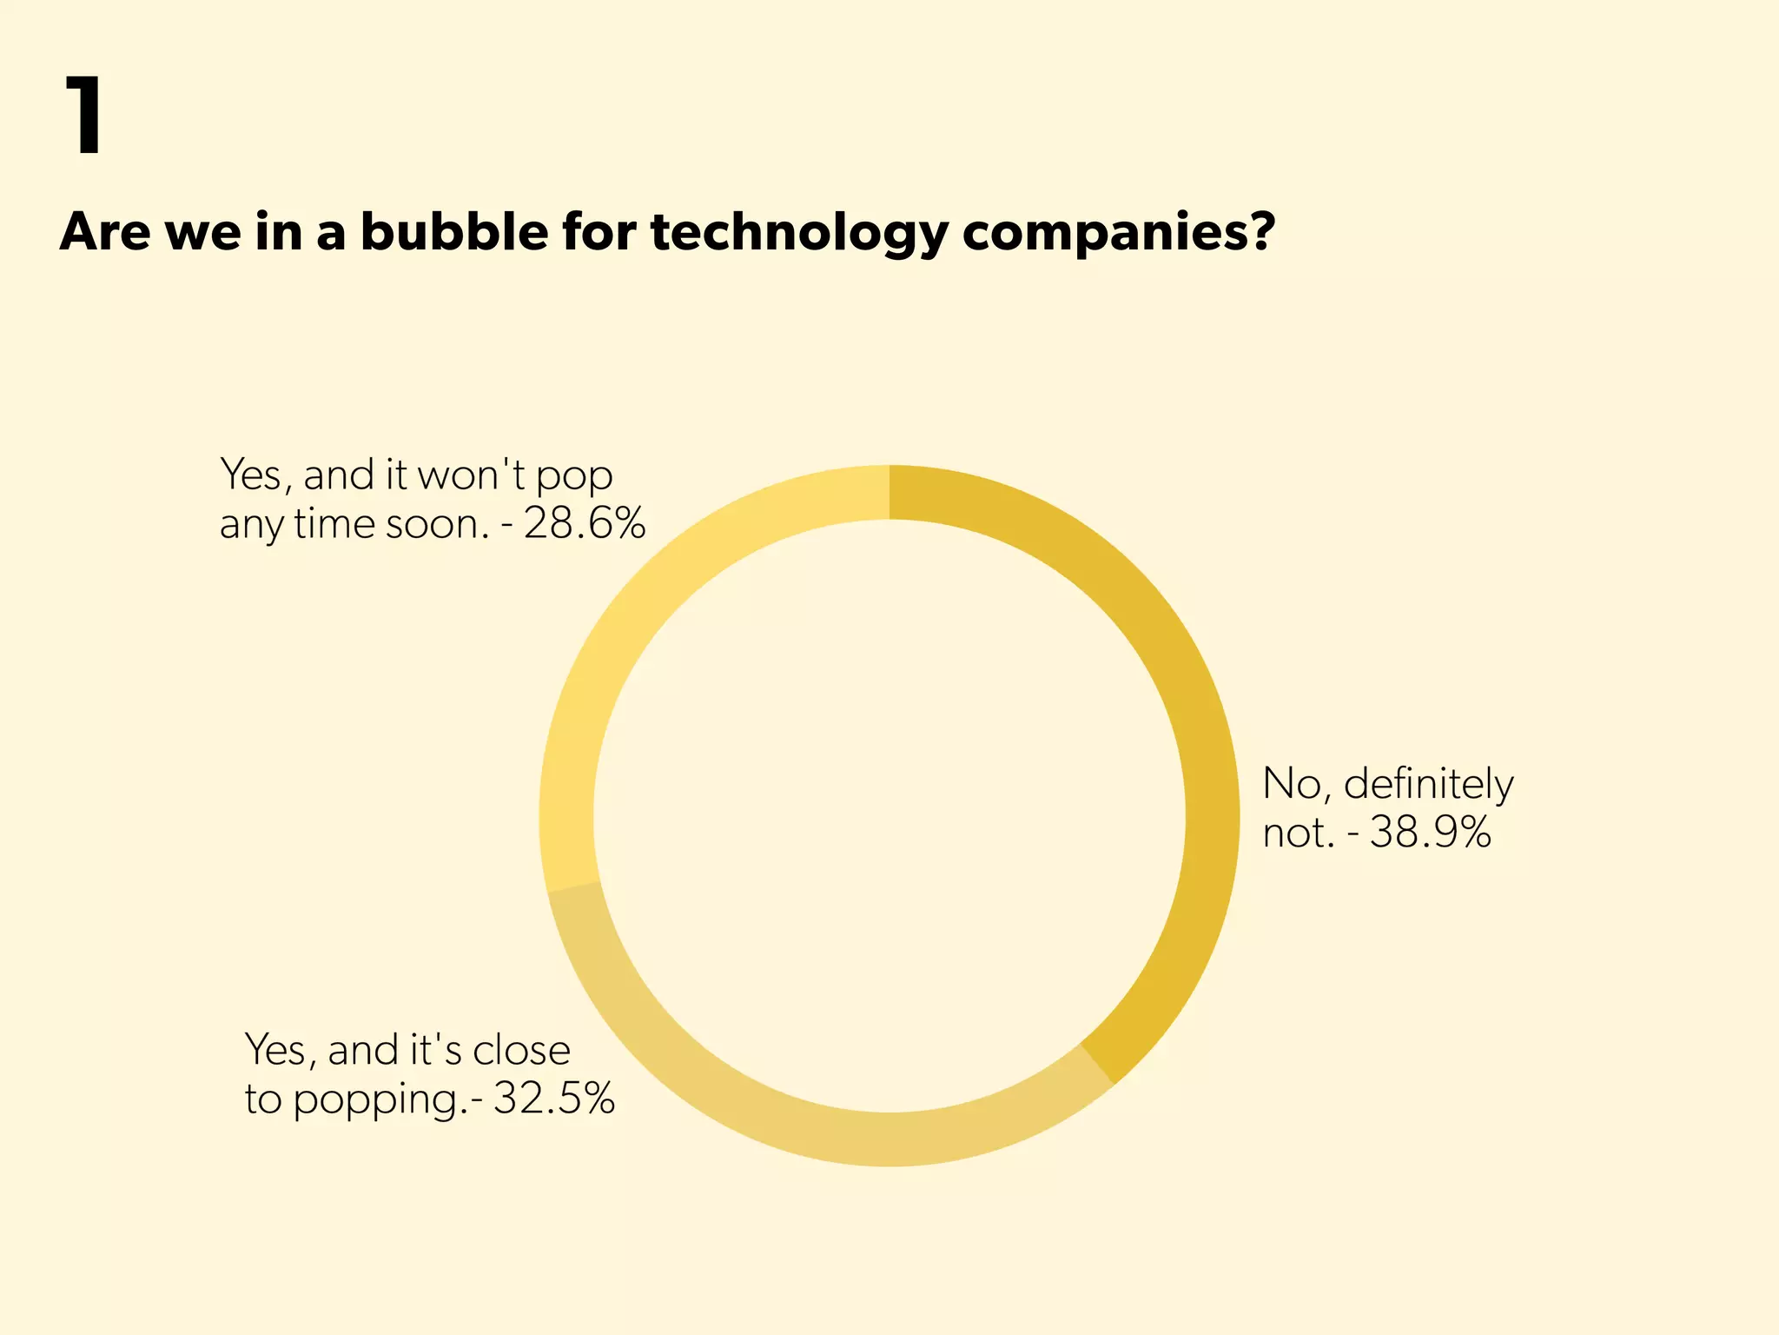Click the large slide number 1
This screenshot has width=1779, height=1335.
[86, 115]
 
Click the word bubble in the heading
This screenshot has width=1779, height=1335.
[453, 232]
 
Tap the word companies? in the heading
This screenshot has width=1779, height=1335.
[1119, 233]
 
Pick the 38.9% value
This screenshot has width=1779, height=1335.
[1431, 833]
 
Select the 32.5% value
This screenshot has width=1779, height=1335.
[554, 1099]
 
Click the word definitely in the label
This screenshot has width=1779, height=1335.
[1428, 784]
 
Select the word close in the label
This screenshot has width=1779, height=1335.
[521, 1050]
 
